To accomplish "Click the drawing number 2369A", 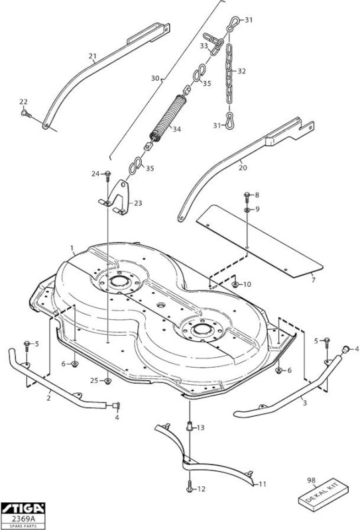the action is tap(23, 519).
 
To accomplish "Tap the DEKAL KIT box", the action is tap(324, 494).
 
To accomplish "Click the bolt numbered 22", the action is tap(26, 113).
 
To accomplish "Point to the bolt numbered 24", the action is tap(107, 174).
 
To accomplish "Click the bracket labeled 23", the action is tap(119, 198).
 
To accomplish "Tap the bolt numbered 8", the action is tap(247, 195).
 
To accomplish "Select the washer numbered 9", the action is tap(247, 210).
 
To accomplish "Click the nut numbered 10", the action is tap(235, 284).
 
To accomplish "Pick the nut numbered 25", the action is tap(107, 381).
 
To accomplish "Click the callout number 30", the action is tap(155, 78).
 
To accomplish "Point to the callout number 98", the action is tap(311, 480).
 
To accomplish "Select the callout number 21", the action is tap(92, 56).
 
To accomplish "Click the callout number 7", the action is tap(313, 280).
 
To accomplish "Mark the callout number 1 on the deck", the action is tap(72, 248).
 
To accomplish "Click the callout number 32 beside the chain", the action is tap(241, 72).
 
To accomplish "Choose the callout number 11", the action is tap(263, 484).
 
